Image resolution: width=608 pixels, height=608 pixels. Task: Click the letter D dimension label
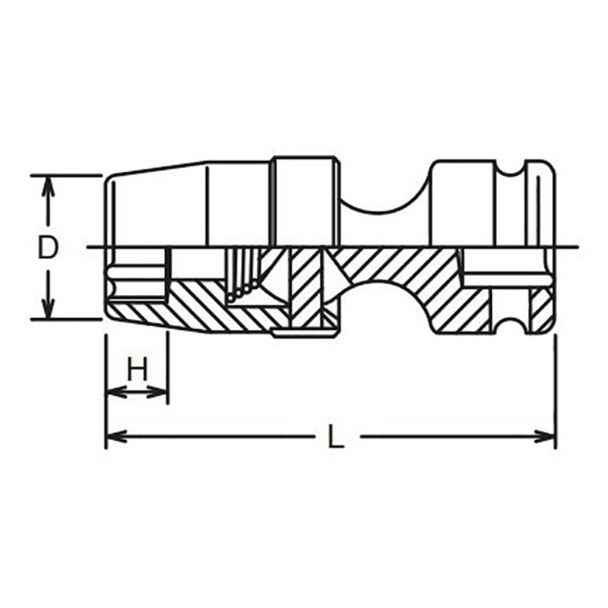(x=47, y=248)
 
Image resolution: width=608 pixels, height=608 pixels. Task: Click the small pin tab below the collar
(x=304, y=331)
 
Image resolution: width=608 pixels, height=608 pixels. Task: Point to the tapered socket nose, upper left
(x=152, y=205)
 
